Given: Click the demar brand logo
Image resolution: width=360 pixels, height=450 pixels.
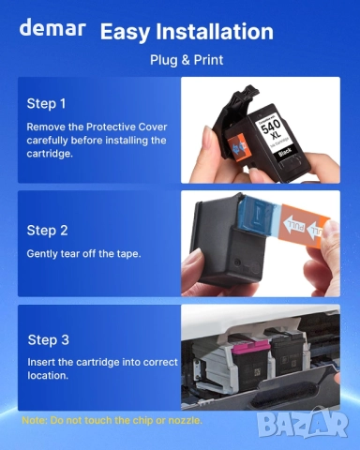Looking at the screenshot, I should point(52,27).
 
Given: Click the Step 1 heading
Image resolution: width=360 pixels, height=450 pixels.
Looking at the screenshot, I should point(47,104).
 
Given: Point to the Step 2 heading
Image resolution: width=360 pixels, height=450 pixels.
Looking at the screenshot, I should point(47,230).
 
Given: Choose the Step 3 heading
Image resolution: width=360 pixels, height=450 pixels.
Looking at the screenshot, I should point(49,339).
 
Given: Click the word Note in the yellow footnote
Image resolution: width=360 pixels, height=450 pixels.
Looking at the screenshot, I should point(34,420).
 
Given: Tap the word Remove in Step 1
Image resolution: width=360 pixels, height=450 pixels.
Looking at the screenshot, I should point(48,125).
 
